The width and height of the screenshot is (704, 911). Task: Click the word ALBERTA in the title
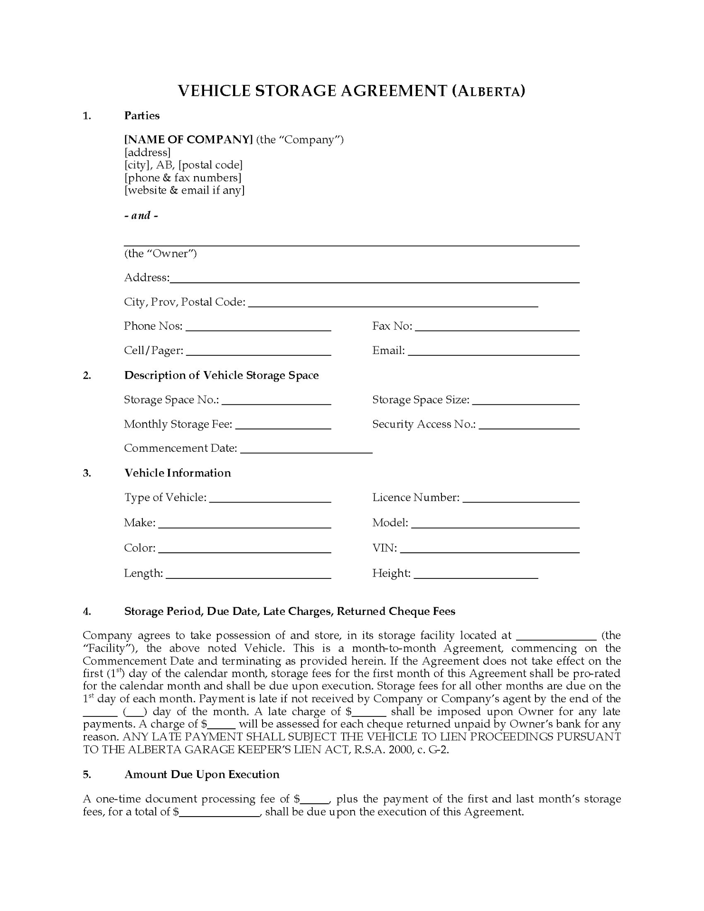(x=489, y=92)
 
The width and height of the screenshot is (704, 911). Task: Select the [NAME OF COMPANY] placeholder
(x=188, y=139)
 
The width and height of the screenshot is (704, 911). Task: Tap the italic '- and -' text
(x=141, y=215)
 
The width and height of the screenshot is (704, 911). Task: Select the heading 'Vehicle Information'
(x=178, y=473)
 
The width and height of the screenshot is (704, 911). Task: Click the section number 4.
(x=87, y=612)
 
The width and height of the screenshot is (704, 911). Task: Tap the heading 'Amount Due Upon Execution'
(x=202, y=775)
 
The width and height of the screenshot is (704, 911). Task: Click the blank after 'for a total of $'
(x=220, y=812)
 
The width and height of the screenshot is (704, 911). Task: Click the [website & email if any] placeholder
(x=184, y=190)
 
